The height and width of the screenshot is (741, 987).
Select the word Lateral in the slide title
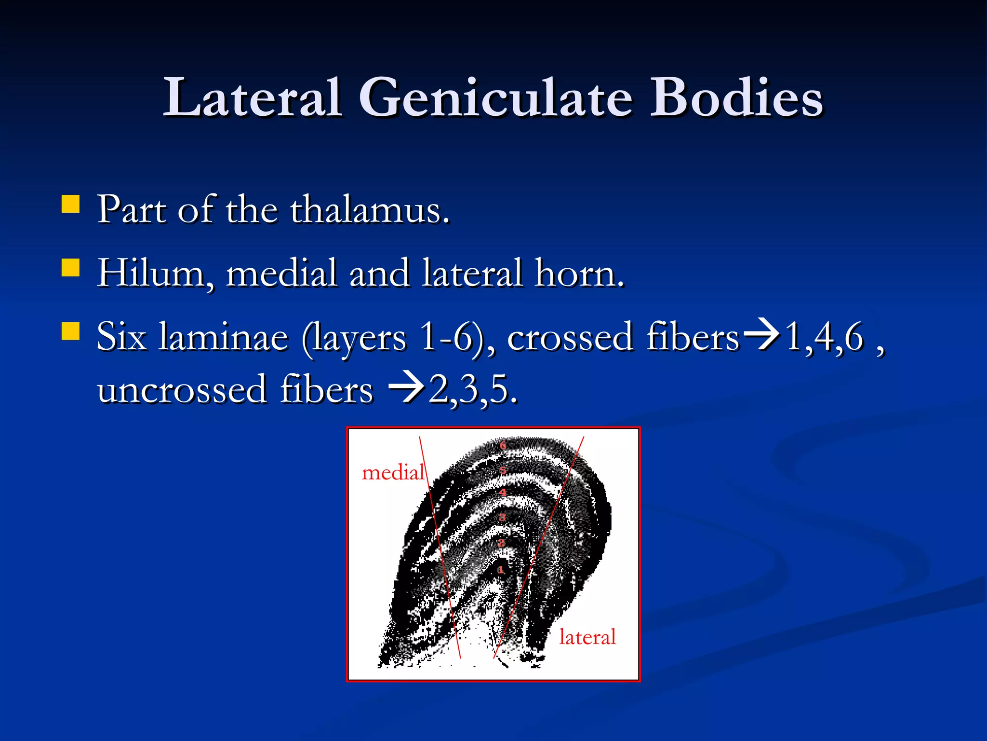pyautogui.click(x=253, y=98)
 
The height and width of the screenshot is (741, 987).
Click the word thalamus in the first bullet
pyautogui.click(x=370, y=210)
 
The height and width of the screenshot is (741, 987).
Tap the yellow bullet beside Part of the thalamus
pyautogui.click(x=70, y=204)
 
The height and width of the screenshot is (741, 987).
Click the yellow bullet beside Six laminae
pyautogui.click(x=70, y=331)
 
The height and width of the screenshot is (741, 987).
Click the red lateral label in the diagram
pyautogui.click(x=587, y=637)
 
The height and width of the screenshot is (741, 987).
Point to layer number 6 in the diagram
pyautogui.click(x=503, y=445)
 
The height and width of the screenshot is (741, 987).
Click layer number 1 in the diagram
pyautogui.click(x=501, y=570)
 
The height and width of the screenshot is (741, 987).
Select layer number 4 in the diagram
pyautogui.click(x=503, y=493)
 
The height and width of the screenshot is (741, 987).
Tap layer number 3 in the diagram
pyautogui.click(x=502, y=518)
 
